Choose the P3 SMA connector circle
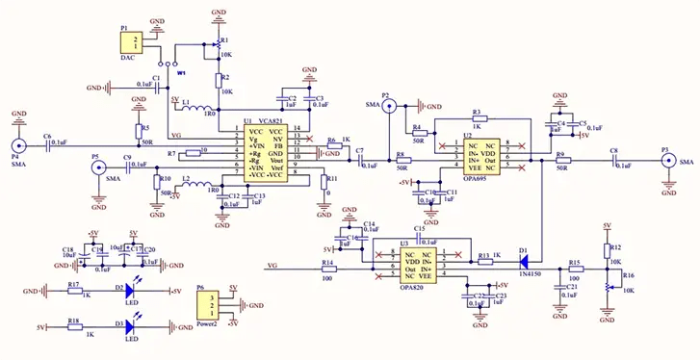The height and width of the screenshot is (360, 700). pos(664,163)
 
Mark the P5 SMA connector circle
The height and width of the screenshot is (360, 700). pos(97,167)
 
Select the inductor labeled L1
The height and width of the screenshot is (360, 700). pos(206,108)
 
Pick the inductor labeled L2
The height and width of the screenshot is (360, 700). pos(204,184)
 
